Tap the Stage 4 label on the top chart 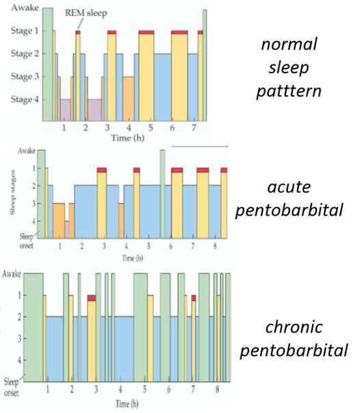[x=21, y=100]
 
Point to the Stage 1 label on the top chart [x=21, y=31]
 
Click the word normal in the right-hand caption [x=290, y=45]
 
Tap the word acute [x=290, y=187]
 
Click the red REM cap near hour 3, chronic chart [x=91, y=298]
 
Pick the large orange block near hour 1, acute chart [x=59, y=219]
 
